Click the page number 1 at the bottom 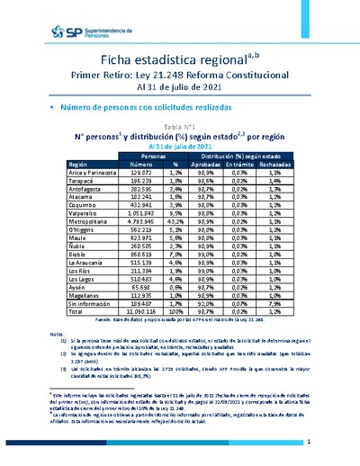pos(309,442)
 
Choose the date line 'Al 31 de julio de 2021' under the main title pos(180,89)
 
